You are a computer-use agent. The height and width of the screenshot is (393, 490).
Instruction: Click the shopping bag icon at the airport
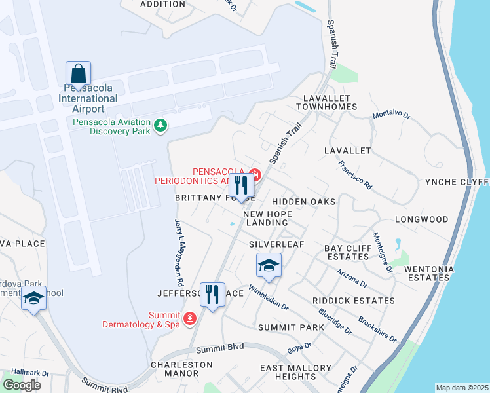[78, 74]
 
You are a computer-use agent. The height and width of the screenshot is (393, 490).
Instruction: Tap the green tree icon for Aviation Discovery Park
[159, 124]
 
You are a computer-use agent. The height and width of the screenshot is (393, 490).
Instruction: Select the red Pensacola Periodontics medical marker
[255, 175]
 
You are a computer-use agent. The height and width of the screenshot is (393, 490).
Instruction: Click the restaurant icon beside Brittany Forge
[241, 186]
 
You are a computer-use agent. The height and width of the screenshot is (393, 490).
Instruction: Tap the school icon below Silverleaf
[269, 267]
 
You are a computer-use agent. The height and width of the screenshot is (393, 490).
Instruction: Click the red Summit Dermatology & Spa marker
[190, 319]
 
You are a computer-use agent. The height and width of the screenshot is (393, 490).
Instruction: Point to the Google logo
[22, 385]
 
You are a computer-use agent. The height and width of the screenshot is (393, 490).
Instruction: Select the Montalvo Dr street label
[391, 115]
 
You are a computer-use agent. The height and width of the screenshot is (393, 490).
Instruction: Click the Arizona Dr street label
[352, 278]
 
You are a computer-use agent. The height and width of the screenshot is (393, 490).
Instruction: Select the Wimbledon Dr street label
[268, 297]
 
